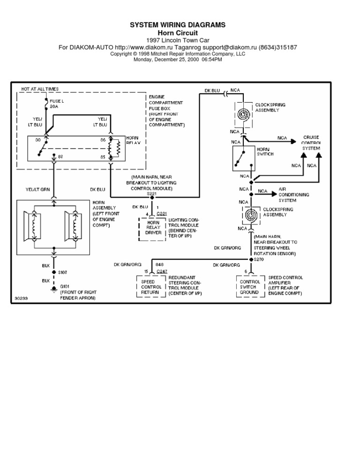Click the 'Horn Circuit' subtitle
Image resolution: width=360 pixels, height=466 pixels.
pyautogui.click(x=177, y=33)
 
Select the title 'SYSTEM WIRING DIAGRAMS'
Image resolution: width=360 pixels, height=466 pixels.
pyautogui.click(x=177, y=25)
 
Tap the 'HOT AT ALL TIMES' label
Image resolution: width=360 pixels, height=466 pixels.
pyautogui.click(x=40, y=89)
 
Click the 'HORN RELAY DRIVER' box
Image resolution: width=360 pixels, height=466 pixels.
pyautogui.click(x=153, y=227)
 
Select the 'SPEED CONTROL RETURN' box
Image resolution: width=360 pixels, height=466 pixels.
pyautogui.click(x=151, y=287)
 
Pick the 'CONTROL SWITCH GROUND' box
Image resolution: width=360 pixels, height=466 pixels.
pyautogui.click(x=249, y=287)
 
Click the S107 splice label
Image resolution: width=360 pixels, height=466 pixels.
pyautogui.click(x=62, y=272)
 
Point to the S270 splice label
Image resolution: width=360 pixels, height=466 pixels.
pyautogui.click(x=259, y=258)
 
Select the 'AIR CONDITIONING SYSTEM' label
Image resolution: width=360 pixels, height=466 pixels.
pyautogui.click(x=293, y=194)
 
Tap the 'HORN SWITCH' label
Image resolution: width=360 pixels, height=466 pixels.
pyautogui.click(x=265, y=151)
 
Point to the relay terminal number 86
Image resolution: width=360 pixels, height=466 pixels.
pyautogui.click(x=103, y=140)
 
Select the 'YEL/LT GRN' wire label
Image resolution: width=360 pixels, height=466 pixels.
pyautogui.click(x=37, y=190)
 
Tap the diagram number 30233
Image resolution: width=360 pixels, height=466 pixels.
pyautogui.click(x=21, y=298)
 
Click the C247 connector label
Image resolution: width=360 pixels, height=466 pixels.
pyautogui.click(x=162, y=271)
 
